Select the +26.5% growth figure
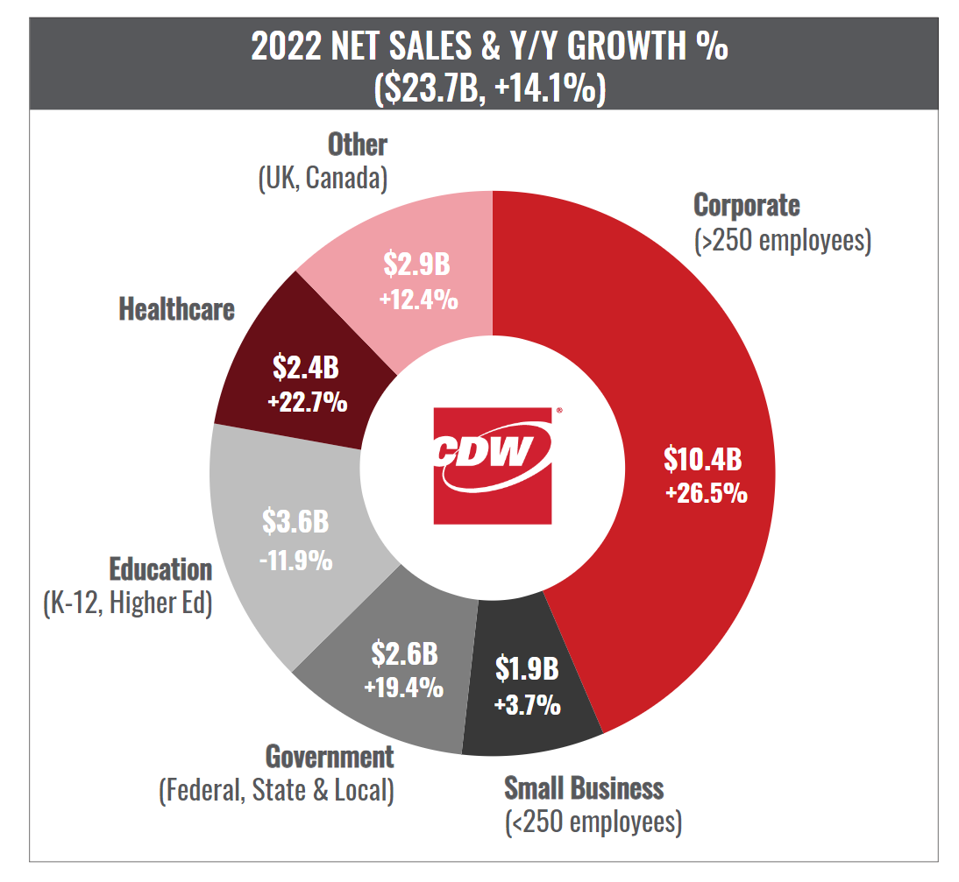point(706,493)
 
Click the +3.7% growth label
point(527,704)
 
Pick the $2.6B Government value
point(404,653)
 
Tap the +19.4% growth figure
point(403,688)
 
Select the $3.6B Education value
point(295,523)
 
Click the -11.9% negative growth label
point(296,559)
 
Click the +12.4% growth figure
point(418,299)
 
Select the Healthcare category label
point(176,309)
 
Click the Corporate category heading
point(746,205)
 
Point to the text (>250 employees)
point(782,240)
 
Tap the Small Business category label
point(584,787)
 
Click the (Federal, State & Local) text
point(276,791)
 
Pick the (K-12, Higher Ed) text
point(127,604)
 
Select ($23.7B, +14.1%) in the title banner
point(489,88)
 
